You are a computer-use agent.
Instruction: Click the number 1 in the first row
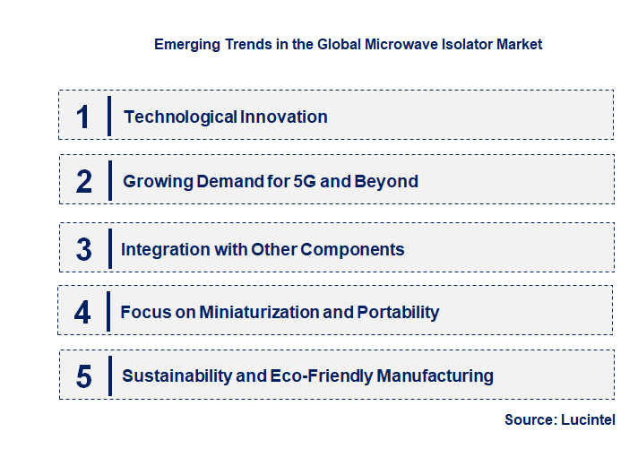(x=83, y=117)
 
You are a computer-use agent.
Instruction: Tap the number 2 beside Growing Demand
(x=84, y=181)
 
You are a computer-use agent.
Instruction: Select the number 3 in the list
(x=84, y=249)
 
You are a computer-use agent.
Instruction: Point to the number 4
(x=83, y=312)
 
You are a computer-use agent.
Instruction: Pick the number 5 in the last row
(x=84, y=376)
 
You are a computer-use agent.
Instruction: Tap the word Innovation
(x=283, y=117)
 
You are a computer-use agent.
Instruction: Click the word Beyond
(x=388, y=181)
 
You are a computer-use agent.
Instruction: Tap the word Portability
(x=398, y=312)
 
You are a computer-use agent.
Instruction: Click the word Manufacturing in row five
(x=437, y=376)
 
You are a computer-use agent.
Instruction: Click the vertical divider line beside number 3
(x=109, y=248)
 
